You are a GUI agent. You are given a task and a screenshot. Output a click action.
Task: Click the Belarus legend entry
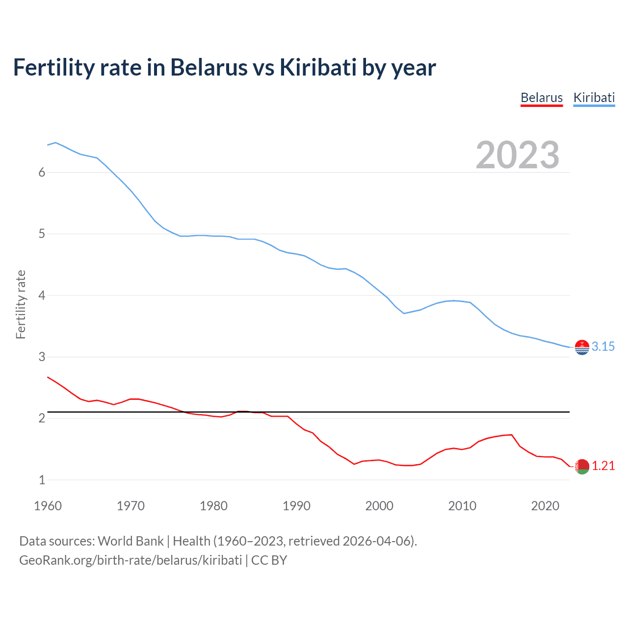pos(541,98)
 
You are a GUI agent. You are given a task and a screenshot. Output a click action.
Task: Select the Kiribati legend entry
pos(594,98)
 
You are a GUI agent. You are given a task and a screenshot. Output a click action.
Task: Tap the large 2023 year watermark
pos(517,155)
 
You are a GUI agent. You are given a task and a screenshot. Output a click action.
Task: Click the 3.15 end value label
pos(603,346)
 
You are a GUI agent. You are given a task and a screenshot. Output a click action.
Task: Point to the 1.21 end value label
pos(603,466)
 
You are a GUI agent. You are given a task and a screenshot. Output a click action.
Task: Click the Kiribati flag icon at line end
pos(582,347)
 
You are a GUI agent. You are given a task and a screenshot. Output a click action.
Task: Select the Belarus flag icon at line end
pos(582,467)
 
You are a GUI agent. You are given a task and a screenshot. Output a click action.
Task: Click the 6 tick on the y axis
pos(42,172)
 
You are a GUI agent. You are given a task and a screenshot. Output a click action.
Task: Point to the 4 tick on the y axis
pos(42,295)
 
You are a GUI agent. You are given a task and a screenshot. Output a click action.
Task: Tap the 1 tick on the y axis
pos(42,480)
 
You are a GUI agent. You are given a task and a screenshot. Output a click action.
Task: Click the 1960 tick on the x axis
pos(48,506)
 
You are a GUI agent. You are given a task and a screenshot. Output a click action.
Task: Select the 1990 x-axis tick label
pos(296,506)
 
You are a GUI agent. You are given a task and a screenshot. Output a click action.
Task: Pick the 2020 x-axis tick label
pos(545,506)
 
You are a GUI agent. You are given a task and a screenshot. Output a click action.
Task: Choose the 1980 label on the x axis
pos(213,506)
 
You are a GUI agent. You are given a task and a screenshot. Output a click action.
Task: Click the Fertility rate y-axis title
pos(21,304)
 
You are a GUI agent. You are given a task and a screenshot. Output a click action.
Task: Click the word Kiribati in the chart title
pos(318,68)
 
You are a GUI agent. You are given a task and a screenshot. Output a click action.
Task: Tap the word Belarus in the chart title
pos(209,68)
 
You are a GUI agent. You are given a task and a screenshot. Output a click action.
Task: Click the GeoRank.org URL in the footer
pos(131,560)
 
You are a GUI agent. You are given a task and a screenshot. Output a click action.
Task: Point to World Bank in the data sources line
pos(131,541)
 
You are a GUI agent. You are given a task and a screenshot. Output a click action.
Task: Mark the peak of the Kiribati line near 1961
pos(55,142)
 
